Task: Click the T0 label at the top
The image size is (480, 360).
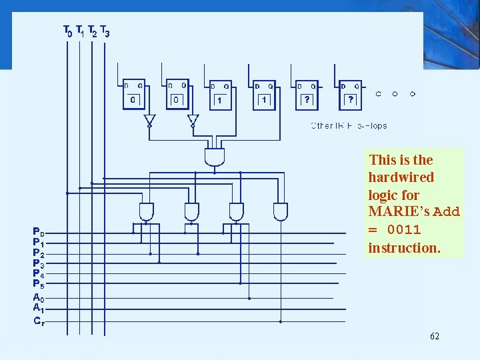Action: point(67,31)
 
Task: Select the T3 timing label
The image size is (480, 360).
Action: point(105,31)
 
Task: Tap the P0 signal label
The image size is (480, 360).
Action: point(39,233)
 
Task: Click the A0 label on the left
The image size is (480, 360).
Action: point(38,297)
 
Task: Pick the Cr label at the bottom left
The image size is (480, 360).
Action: point(39,321)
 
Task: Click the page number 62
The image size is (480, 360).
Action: point(434,336)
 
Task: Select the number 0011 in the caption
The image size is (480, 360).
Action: point(404,230)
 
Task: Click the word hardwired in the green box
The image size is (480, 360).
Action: point(401,177)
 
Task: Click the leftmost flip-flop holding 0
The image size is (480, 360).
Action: point(133,95)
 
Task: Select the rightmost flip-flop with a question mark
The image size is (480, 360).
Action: point(351,95)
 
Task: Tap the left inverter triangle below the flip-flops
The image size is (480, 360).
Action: point(149,120)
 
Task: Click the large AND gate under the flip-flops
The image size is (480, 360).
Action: point(215,158)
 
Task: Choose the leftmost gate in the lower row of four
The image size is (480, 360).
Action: point(147,212)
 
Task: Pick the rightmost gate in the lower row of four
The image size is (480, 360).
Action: point(281,212)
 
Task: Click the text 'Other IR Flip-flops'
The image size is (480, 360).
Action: point(349,125)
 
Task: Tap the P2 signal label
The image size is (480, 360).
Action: point(39,253)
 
